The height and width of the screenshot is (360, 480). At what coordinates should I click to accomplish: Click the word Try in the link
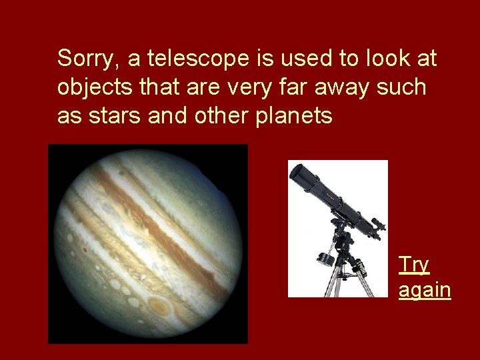[x=413, y=265]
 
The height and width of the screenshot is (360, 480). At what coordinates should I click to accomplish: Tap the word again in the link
[x=425, y=291]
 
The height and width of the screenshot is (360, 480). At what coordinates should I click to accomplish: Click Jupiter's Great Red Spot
[x=161, y=306]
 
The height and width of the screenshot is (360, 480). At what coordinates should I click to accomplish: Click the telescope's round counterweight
[x=325, y=258]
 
